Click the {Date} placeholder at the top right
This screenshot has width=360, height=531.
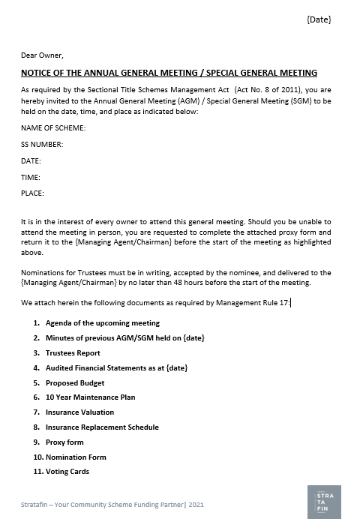[318, 19]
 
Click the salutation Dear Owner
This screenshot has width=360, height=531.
[42, 55]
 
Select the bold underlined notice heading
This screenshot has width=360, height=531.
[169, 73]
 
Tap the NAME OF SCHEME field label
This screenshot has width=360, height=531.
[53, 128]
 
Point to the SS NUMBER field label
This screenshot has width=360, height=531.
[42, 145]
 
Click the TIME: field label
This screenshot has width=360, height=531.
[31, 177]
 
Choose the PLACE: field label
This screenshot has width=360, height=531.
[32, 193]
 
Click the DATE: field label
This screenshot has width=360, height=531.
[31, 161]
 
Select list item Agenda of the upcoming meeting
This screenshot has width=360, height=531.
[102, 323]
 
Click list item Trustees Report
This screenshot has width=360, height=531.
[73, 353]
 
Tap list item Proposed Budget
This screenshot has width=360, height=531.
[75, 382]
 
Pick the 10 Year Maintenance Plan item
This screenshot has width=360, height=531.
[90, 397]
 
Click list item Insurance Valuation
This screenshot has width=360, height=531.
[79, 412]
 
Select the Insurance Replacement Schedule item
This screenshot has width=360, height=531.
[102, 427]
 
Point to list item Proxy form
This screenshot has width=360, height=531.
[64, 442]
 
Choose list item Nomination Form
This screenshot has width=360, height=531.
[76, 457]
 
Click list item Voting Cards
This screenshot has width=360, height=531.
[67, 472]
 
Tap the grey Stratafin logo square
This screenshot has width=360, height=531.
[324, 502]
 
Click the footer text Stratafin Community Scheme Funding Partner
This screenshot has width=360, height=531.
[112, 505]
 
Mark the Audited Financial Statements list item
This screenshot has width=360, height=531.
[116, 368]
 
